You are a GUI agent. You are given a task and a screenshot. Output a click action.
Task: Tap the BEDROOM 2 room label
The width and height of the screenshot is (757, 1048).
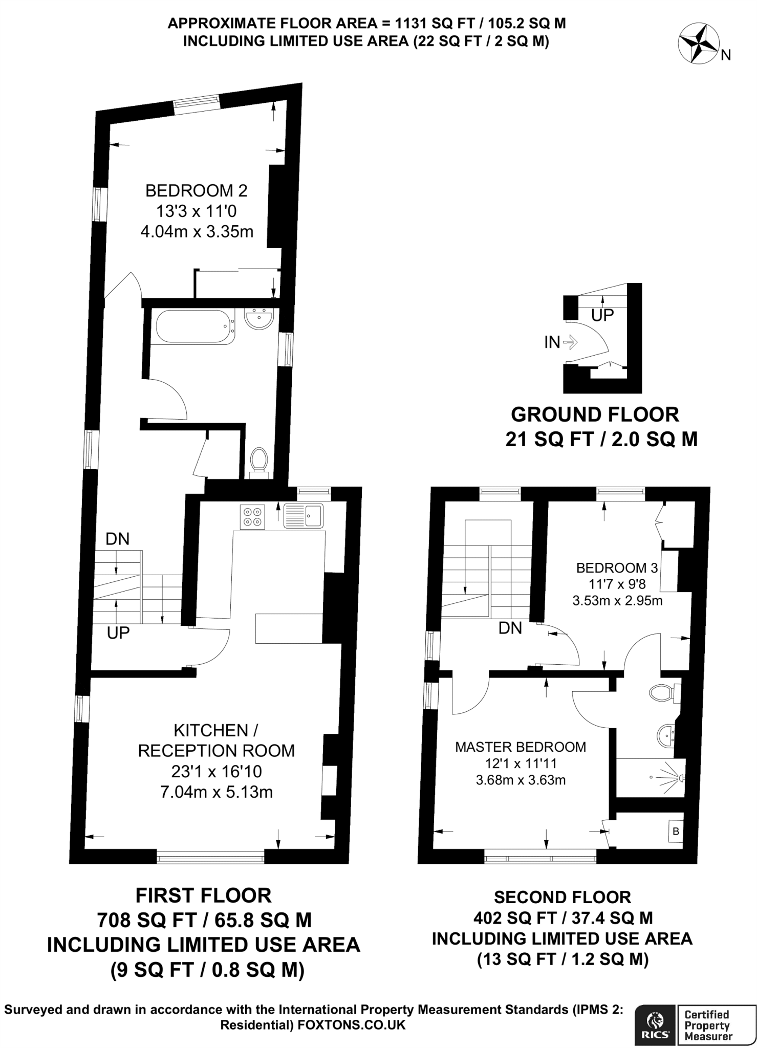pyautogui.click(x=197, y=191)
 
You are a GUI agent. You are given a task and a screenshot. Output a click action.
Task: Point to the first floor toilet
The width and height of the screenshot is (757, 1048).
pyautogui.click(x=259, y=461)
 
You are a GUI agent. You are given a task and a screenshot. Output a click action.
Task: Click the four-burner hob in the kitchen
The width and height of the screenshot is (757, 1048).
pyautogui.click(x=252, y=516)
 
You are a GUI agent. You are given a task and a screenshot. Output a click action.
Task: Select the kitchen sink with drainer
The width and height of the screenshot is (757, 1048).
pyautogui.click(x=304, y=515)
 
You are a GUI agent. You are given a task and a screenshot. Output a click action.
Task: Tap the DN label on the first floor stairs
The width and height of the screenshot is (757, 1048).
pyautogui.click(x=117, y=539)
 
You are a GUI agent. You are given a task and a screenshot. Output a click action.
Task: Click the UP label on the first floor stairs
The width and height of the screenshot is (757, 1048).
pyautogui.click(x=118, y=633)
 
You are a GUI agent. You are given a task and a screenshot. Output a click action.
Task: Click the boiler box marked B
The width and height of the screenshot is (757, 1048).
pyautogui.click(x=676, y=832)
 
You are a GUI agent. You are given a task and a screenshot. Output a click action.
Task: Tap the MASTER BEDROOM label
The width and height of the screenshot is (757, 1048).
pyautogui.click(x=521, y=747)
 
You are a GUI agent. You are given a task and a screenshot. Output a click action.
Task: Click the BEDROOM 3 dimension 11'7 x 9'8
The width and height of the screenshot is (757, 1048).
pyautogui.click(x=617, y=583)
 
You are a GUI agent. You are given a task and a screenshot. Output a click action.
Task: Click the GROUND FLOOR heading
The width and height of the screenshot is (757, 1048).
pyautogui.click(x=595, y=414)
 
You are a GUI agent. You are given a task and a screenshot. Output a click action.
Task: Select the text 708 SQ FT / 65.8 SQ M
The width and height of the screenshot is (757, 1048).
pyautogui.click(x=204, y=920)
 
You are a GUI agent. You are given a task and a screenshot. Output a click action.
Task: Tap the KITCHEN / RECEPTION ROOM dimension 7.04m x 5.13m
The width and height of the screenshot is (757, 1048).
pyautogui.click(x=217, y=792)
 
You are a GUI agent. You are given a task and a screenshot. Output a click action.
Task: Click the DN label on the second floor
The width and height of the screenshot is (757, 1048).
pyautogui.click(x=510, y=628)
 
